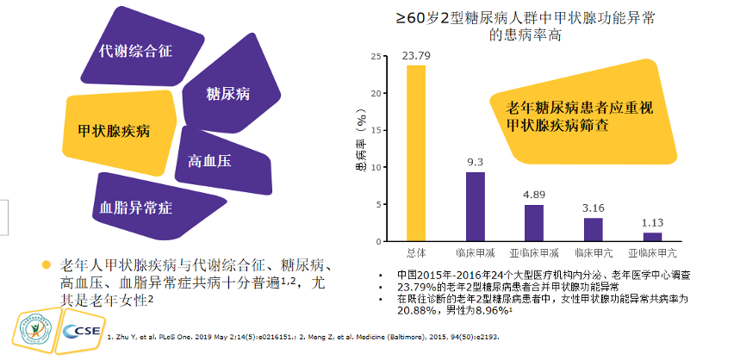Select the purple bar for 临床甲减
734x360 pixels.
pos(475,207)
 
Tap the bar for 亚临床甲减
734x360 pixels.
pos(534,223)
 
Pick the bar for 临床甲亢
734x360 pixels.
pos(594,229)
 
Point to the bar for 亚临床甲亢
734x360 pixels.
pos(652,237)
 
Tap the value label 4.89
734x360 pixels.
pos(534,195)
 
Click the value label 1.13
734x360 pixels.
pos(652,222)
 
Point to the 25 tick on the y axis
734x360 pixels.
pos(374,57)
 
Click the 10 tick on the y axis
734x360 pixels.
pos(374,167)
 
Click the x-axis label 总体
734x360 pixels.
pos(416,253)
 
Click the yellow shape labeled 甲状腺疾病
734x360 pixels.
pos(116,131)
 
